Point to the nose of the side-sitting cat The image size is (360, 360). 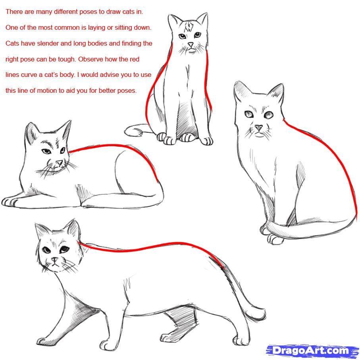[259, 128]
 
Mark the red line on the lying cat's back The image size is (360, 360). [119, 147]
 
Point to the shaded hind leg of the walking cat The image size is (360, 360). [181, 319]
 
